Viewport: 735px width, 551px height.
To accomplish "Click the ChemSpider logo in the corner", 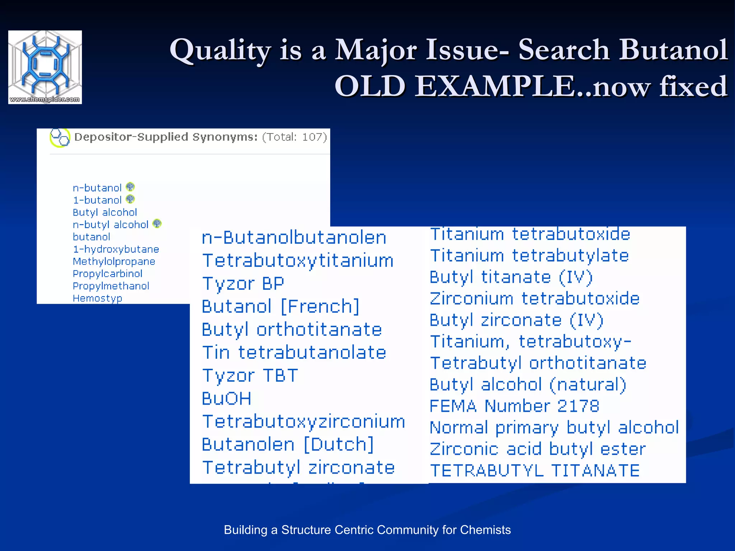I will [45, 67].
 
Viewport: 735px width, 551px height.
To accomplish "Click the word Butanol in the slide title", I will [673, 50].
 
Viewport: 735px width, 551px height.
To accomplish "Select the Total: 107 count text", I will [294, 137].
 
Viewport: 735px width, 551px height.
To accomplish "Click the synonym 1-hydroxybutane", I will [116, 249].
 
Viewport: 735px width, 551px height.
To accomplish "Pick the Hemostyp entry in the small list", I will [97, 298].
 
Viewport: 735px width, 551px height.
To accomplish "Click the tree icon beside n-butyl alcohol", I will [157, 224].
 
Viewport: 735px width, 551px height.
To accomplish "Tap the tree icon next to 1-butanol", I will [130, 199].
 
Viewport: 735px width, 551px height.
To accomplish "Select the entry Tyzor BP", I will [243, 283].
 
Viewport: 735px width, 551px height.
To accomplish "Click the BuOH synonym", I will [226, 399].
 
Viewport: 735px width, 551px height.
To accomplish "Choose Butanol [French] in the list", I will [280, 306].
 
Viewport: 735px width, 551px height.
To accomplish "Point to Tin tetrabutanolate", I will [294, 353].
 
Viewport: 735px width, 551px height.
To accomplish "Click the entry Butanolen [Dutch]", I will [287, 444].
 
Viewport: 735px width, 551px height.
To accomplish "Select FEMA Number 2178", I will [514, 406].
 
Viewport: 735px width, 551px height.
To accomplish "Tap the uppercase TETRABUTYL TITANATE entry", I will [535, 471].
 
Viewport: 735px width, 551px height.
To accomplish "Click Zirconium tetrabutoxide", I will [535, 298].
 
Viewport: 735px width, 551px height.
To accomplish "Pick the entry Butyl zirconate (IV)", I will [516, 320].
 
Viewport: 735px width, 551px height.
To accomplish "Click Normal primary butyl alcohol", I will [554, 428].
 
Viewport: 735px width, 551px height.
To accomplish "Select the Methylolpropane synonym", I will [114, 261].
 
